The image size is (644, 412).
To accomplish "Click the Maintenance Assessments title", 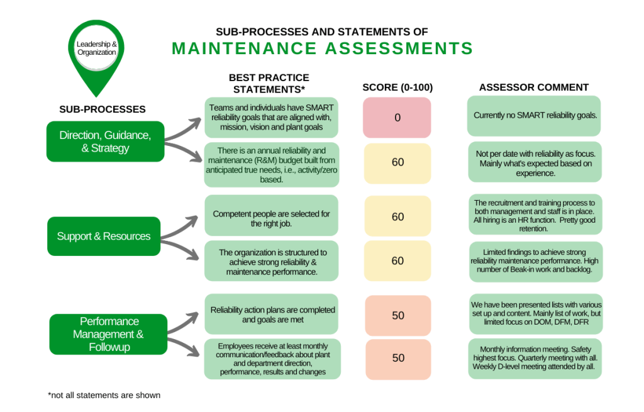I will tap(322, 48).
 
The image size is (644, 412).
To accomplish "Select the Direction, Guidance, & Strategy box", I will tap(105, 142).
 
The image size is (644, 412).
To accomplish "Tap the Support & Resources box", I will tap(104, 237).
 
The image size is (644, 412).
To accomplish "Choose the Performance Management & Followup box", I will tap(108, 334).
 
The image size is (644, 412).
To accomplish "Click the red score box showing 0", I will tap(397, 118).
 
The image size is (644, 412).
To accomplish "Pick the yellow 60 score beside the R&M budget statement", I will tap(397, 163).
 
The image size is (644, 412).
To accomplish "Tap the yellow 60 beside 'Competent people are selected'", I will tap(397, 217).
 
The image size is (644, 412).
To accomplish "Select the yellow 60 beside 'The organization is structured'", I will tap(397, 261).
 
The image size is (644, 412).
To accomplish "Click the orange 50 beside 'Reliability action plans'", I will tap(397, 315).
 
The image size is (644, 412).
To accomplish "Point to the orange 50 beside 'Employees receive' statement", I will tap(397, 358).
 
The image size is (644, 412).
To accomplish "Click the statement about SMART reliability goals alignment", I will tap(272, 117).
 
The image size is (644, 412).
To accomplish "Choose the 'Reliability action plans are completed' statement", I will tap(272, 315).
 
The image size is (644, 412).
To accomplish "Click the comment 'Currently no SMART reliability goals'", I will tap(535, 116).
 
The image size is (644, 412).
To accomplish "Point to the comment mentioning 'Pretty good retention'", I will tap(535, 216).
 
